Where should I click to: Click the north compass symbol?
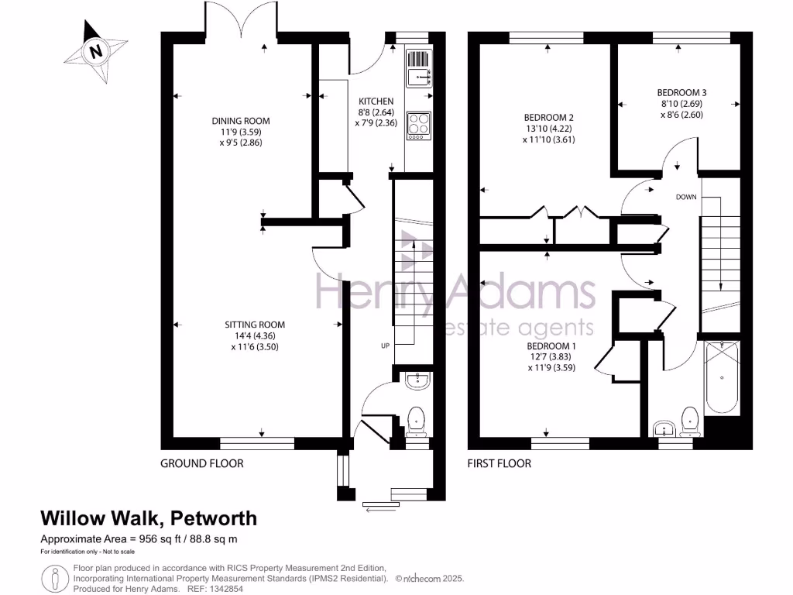pyautogui.click(x=96, y=52)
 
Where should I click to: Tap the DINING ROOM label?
pyautogui.click(x=241, y=120)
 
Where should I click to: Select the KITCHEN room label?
pyautogui.click(x=376, y=101)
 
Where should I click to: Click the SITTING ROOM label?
pyautogui.click(x=255, y=325)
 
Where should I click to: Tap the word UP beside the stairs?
pyautogui.click(x=384, y=345)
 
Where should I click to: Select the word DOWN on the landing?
pyautogui.click(x=686, y=197)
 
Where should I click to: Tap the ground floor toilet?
pyautogui.click(x=417, y=418)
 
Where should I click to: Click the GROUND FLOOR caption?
pyautogui.click(x=201, y=463)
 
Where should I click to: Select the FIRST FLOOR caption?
pyautogui.click(x=499, y=463)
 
